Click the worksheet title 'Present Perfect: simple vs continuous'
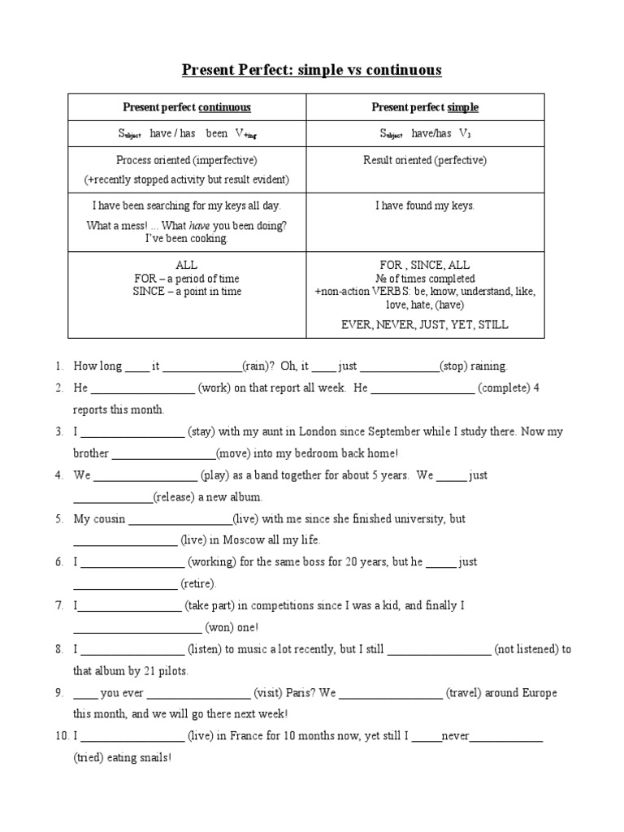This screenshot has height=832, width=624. [x=311, y=70]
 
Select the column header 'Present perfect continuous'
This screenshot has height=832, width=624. [x=186, y=107]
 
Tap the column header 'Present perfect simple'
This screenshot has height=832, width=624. [x=425, y=107]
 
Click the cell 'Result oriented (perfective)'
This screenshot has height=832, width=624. [x=425, y=160]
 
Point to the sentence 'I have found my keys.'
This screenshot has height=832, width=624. [x=425, y=206]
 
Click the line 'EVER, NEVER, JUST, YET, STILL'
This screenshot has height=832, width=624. [x=425, y=324]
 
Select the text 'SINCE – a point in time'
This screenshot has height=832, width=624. [x=187, y=291]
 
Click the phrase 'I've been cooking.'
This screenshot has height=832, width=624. [x=187, y=239]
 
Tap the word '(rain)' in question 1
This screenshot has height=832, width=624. [x=258, y=366]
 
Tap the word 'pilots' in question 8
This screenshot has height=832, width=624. [x=171, y=671]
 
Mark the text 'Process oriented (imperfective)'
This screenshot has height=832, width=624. [x=187, y=160]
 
